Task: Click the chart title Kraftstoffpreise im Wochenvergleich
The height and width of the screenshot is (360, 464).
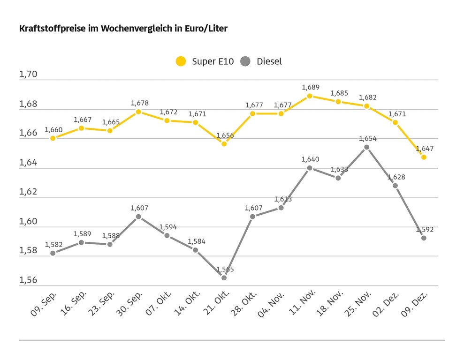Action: click(x=123, y=29)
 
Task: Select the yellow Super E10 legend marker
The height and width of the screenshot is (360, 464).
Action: click(x=181, y=61)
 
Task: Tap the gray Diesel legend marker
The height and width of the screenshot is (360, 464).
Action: click(x=245, y=61)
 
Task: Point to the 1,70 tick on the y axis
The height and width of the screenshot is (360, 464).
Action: click(x=28, y=75)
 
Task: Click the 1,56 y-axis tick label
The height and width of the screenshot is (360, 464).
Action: click(x=28, y=280)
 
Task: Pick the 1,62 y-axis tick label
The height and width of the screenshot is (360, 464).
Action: click(x=28, y=192)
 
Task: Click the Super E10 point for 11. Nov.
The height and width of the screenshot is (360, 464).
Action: click(x=310, y=96)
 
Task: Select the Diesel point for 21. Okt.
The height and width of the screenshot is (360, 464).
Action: click(x=224, y=278)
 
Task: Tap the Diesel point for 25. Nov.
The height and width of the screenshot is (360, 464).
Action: click(x=367, y=147)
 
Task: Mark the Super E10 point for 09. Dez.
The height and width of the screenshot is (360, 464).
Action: click(x=424, y=157)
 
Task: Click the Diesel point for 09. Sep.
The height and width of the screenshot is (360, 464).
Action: click(x=53, y=253)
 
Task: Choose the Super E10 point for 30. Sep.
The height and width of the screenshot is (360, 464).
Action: click(x=138, y=112)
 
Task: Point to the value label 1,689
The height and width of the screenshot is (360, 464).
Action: click(x=310, y=87)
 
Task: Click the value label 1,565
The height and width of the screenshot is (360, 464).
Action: click(x=225, y=270)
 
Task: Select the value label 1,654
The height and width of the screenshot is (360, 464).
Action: click(x=367, y=139)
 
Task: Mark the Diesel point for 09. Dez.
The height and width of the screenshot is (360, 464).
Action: click(x=424, y=238)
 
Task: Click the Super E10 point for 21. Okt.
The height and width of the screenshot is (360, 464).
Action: click(x=224, y=144)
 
